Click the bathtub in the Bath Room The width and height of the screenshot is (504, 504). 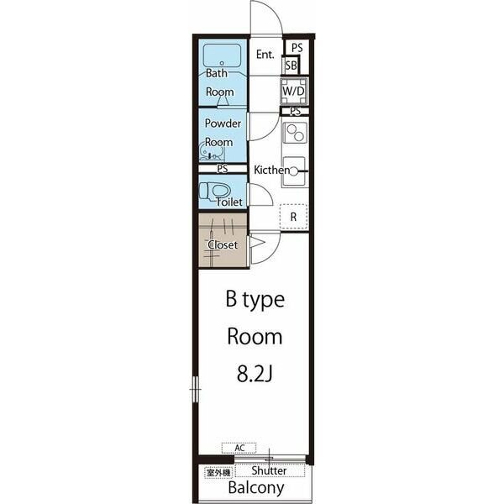tap(222, 55)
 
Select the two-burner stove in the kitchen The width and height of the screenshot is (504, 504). tap(295, 133)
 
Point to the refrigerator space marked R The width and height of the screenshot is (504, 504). tap(294, 217)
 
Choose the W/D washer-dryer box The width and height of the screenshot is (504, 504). tap(293, 91)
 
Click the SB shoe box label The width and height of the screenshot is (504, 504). tap(291, 66)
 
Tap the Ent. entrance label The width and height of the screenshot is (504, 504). tap(265, 55)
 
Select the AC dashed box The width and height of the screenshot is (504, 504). tap(239, 448)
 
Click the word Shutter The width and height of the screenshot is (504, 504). tap(269, 470)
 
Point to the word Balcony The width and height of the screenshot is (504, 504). tap(256, 487)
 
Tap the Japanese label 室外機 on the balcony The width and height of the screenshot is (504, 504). tap(218, 472)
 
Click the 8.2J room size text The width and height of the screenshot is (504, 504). tap(255, 374)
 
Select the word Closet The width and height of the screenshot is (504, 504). tap(223, 245)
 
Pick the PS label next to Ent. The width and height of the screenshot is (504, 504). tap(297, 48)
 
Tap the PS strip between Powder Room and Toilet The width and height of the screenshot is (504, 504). tap(223, 169)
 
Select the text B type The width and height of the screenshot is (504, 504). tap(255, 300)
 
